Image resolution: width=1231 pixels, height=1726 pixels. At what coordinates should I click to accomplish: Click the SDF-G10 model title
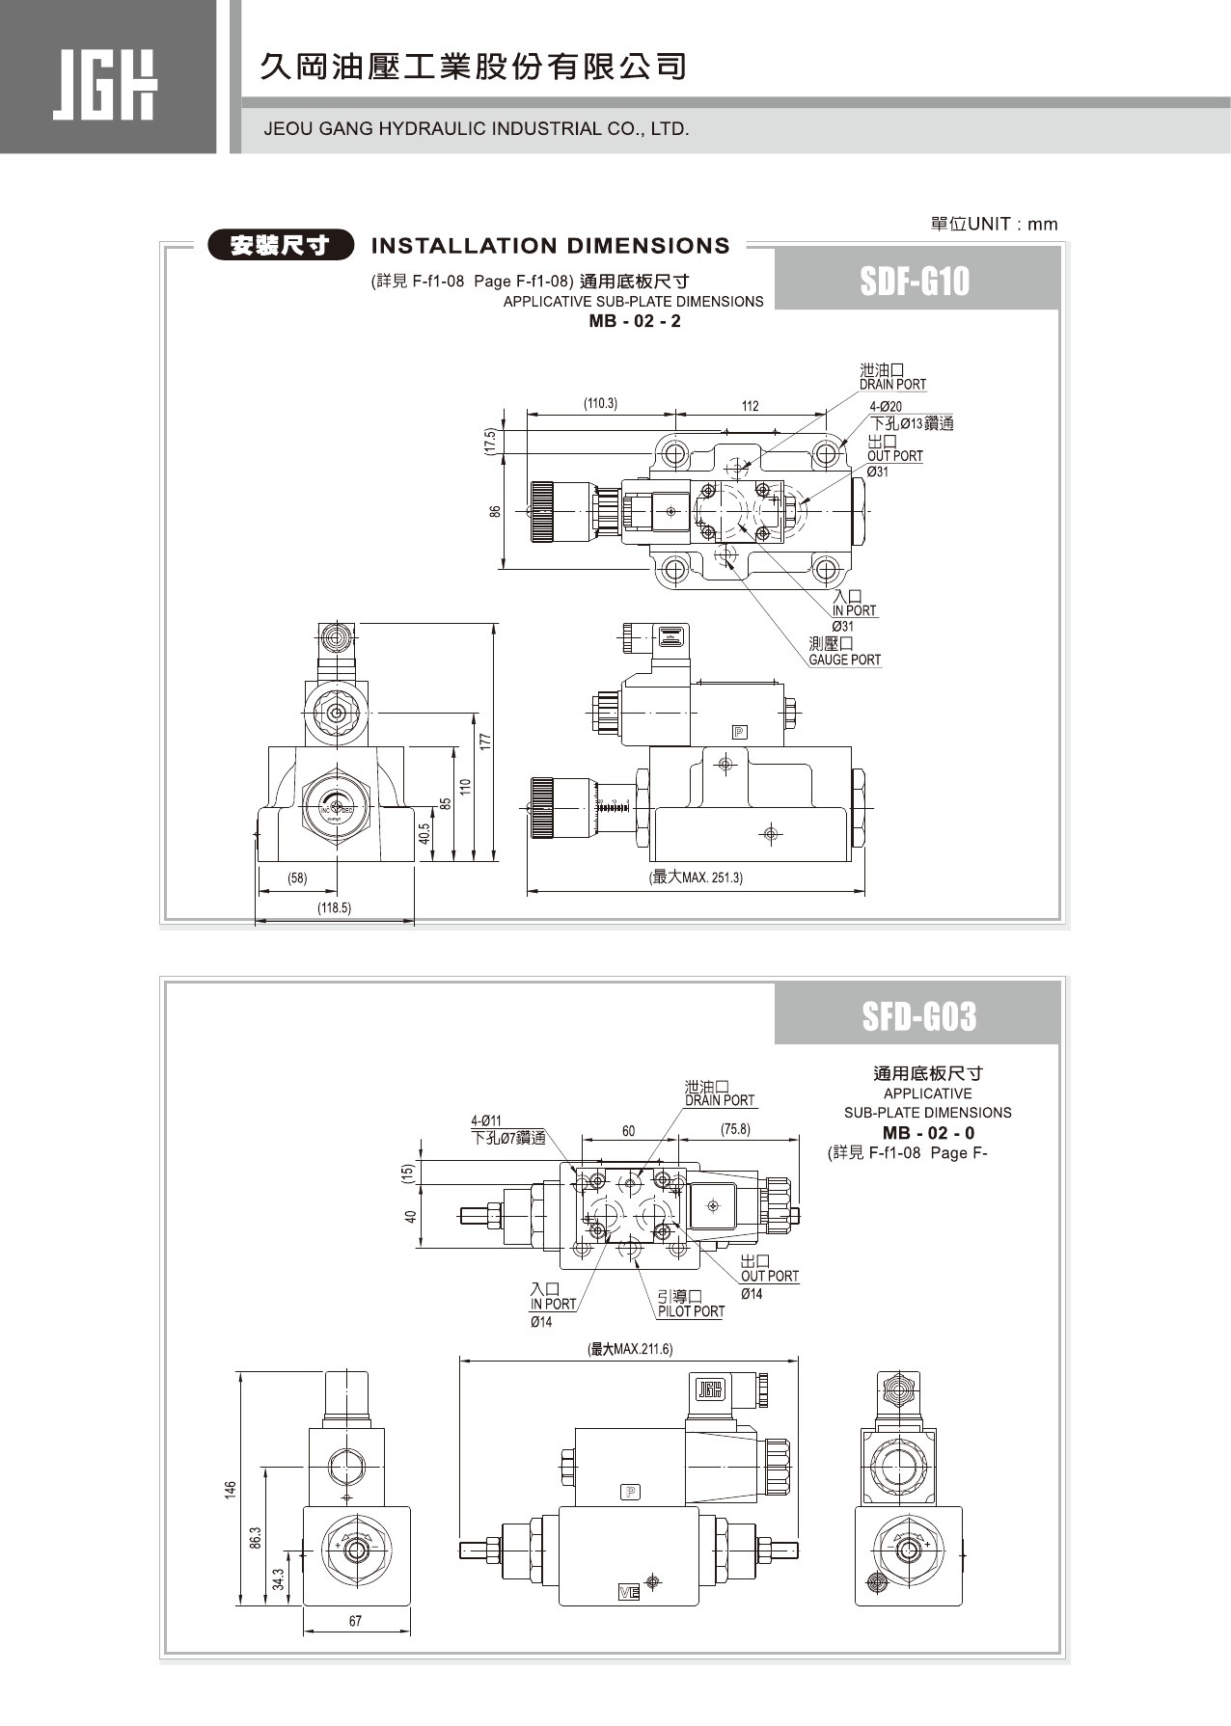tap(914, 282)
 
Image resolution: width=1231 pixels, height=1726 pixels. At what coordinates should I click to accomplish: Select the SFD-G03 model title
tap(918, 1016)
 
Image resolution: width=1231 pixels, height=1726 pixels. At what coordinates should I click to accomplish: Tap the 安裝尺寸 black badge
tap(281, 246)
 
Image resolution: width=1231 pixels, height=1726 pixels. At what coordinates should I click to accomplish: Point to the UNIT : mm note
tap(994, 225)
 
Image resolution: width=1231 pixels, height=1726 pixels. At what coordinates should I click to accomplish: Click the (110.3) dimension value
tap(600, 403)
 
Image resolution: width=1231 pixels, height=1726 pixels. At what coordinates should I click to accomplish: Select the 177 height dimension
tap(486, 741)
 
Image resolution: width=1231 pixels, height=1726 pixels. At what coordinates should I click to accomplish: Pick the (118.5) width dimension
tap(335, 907)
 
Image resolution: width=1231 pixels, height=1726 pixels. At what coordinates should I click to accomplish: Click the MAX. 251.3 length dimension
tap(697, 877)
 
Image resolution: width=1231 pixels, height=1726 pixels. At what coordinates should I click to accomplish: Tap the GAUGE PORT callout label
tap(844, 660)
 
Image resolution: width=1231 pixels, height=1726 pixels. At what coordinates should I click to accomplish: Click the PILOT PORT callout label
tap(690, 1311)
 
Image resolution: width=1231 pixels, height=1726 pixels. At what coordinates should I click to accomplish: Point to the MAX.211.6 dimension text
tap(630, 1349)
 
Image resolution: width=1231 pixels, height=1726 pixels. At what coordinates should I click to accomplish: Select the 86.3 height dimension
tap(255, 1539)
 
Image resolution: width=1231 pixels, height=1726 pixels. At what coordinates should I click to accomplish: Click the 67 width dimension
tap(355, 1621)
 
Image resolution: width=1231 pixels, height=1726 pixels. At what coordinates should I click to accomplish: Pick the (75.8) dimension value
tap(735, 1129)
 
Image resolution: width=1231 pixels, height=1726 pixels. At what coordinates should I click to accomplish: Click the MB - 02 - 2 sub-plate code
tap(634, 321)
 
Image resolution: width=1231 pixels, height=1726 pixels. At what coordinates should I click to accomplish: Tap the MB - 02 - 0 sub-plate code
tap(928, 1133)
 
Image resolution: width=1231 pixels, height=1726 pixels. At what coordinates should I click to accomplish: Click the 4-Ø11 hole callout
tap(486, 1120)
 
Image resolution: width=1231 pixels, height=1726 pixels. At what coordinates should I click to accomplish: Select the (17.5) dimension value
tap(490, 442)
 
